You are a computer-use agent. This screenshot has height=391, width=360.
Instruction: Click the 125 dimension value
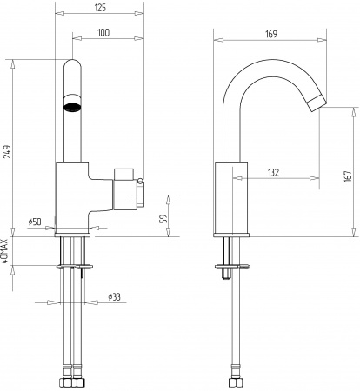100,8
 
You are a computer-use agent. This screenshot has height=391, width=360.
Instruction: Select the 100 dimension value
103,32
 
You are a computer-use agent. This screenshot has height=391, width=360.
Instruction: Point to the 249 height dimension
8,151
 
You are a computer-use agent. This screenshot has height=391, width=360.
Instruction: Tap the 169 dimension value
271,34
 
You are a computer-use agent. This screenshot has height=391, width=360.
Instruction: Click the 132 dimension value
273,173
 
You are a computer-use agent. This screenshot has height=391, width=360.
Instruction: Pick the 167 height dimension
348,176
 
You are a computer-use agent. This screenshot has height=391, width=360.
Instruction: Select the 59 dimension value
163,219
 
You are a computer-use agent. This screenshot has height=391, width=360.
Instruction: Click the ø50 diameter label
35,222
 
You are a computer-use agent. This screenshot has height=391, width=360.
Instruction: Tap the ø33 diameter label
114,296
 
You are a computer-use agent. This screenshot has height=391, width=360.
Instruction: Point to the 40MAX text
4,251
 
